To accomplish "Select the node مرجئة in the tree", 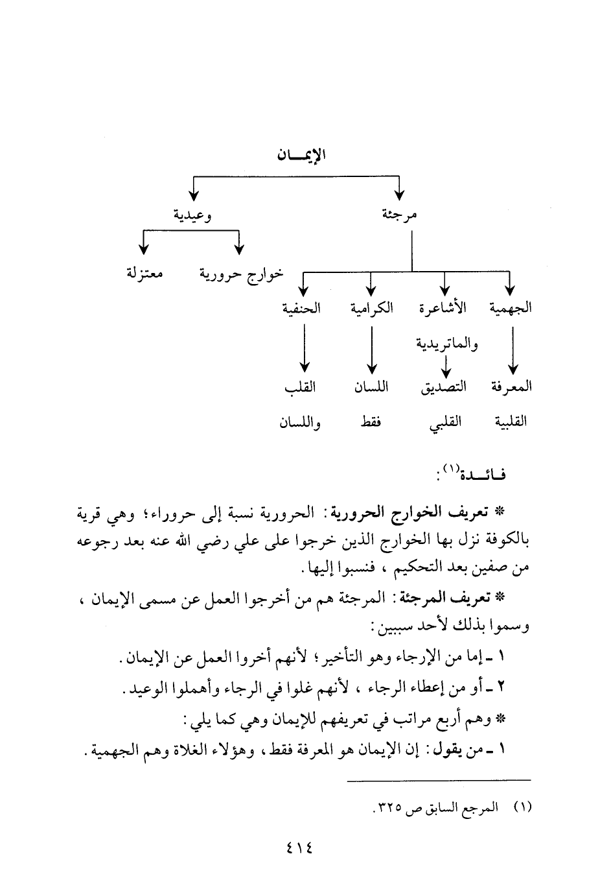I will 399,215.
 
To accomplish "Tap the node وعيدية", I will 192,215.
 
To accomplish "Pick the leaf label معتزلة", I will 144,274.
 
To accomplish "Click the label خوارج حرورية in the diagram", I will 241,274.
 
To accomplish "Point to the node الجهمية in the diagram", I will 511,307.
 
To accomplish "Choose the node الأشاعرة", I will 443,307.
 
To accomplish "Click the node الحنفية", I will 302,307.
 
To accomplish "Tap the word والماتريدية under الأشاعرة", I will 446,343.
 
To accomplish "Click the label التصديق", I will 443,387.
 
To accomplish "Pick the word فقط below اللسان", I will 371,423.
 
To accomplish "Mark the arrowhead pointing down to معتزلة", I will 144,250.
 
